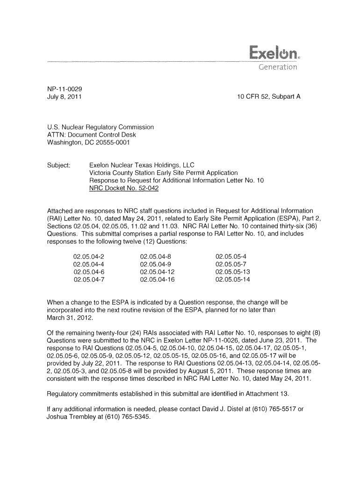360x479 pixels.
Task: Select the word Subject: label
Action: (59, 165)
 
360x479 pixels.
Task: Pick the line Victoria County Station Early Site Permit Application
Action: (164, 173)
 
